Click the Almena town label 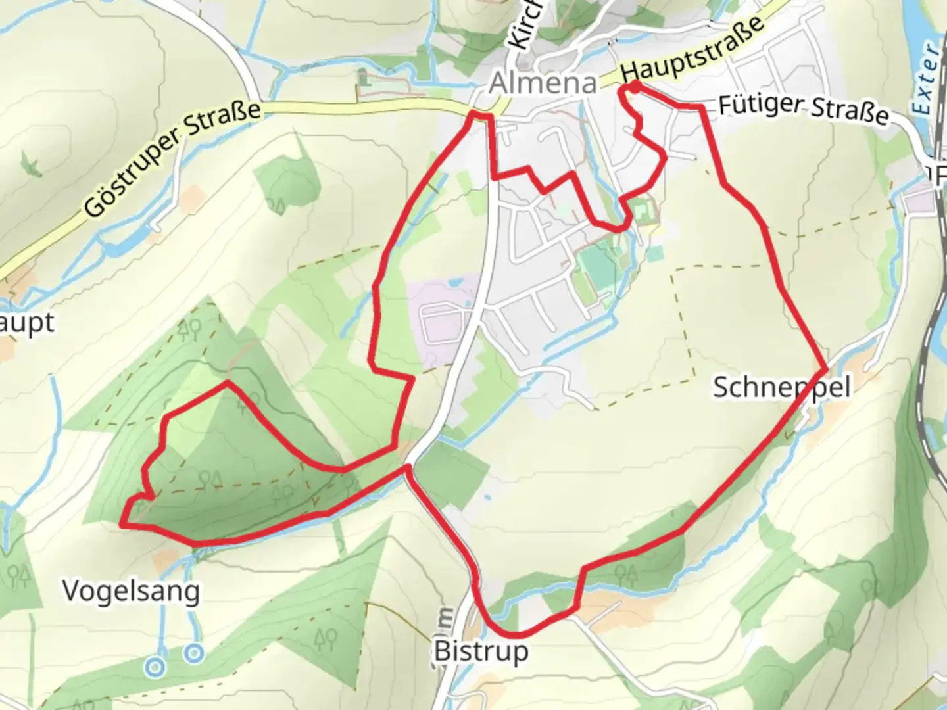tap(543, 83)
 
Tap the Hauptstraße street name tap(692, 47)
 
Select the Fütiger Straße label tap(803, 110)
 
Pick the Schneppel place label tap(781, 387)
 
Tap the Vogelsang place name tap(131, 591)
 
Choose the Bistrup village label tap(481, 651)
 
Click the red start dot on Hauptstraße tap(635, 86)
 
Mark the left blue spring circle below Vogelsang tap(155, 667)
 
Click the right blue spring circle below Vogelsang tap(193, 653)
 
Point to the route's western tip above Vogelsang tap(122, 523)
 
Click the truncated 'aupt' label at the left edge tap(26, 323)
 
